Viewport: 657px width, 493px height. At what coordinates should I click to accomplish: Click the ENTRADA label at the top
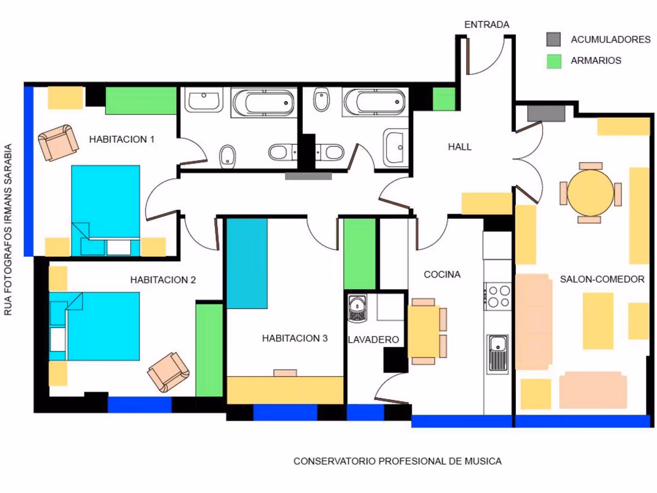[x=487, y=25]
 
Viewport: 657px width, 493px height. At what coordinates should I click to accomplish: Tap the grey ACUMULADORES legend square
[x=554, y=40]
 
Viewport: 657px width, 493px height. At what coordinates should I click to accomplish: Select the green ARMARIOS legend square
[x=554, y=61]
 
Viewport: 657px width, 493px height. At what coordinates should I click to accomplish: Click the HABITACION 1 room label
[x=122, y=139]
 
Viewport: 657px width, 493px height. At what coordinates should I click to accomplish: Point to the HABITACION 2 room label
[x=163, y=279]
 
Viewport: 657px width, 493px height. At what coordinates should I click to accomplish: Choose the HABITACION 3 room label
[x=294, y=338]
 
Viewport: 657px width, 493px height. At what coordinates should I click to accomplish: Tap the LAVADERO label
[x=374, y=340]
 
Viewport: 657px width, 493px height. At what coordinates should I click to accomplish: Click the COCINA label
[x=442, y=274]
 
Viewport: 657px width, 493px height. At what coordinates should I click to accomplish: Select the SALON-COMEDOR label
[x=602, y=279]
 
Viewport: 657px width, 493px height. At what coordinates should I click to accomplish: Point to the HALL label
[x=460, y=147]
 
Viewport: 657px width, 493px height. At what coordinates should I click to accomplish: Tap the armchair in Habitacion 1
[x=58, y=142]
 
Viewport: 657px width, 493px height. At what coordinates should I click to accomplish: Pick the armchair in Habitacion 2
[x=169, y=372]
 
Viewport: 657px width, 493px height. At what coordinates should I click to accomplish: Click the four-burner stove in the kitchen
[x=499, y=296]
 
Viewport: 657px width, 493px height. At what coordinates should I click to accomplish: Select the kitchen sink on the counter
[x=498, y=354]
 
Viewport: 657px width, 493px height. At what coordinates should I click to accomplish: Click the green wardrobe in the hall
[x=443, y=99]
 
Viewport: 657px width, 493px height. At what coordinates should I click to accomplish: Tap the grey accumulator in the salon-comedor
[x=546, y=113]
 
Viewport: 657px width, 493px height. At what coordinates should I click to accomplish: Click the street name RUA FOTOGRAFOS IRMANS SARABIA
[x=7, y=229]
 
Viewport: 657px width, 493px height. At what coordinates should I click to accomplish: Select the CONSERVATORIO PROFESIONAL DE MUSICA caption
[x=397, y=461]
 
